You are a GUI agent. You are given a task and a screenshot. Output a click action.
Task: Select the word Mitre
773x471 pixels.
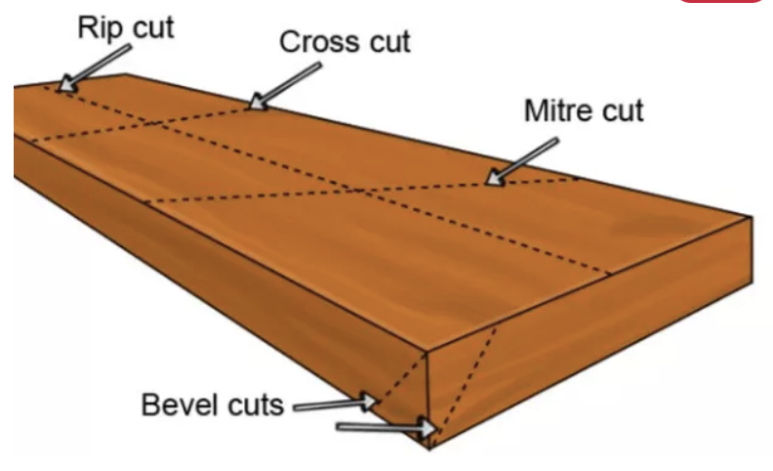click(559, 109)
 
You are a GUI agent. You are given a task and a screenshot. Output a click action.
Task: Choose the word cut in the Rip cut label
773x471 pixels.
click(150, 26)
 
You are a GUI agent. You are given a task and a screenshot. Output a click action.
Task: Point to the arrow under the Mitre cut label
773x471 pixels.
click(521, 161)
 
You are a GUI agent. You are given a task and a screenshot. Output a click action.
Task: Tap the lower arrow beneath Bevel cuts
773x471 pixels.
click(385, 426)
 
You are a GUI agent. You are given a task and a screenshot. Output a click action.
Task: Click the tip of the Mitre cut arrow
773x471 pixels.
click(488, 182)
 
